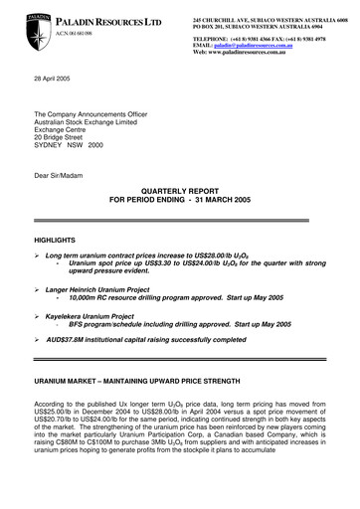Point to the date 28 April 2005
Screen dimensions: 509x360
pyautogui.click(x=56, y=78)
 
